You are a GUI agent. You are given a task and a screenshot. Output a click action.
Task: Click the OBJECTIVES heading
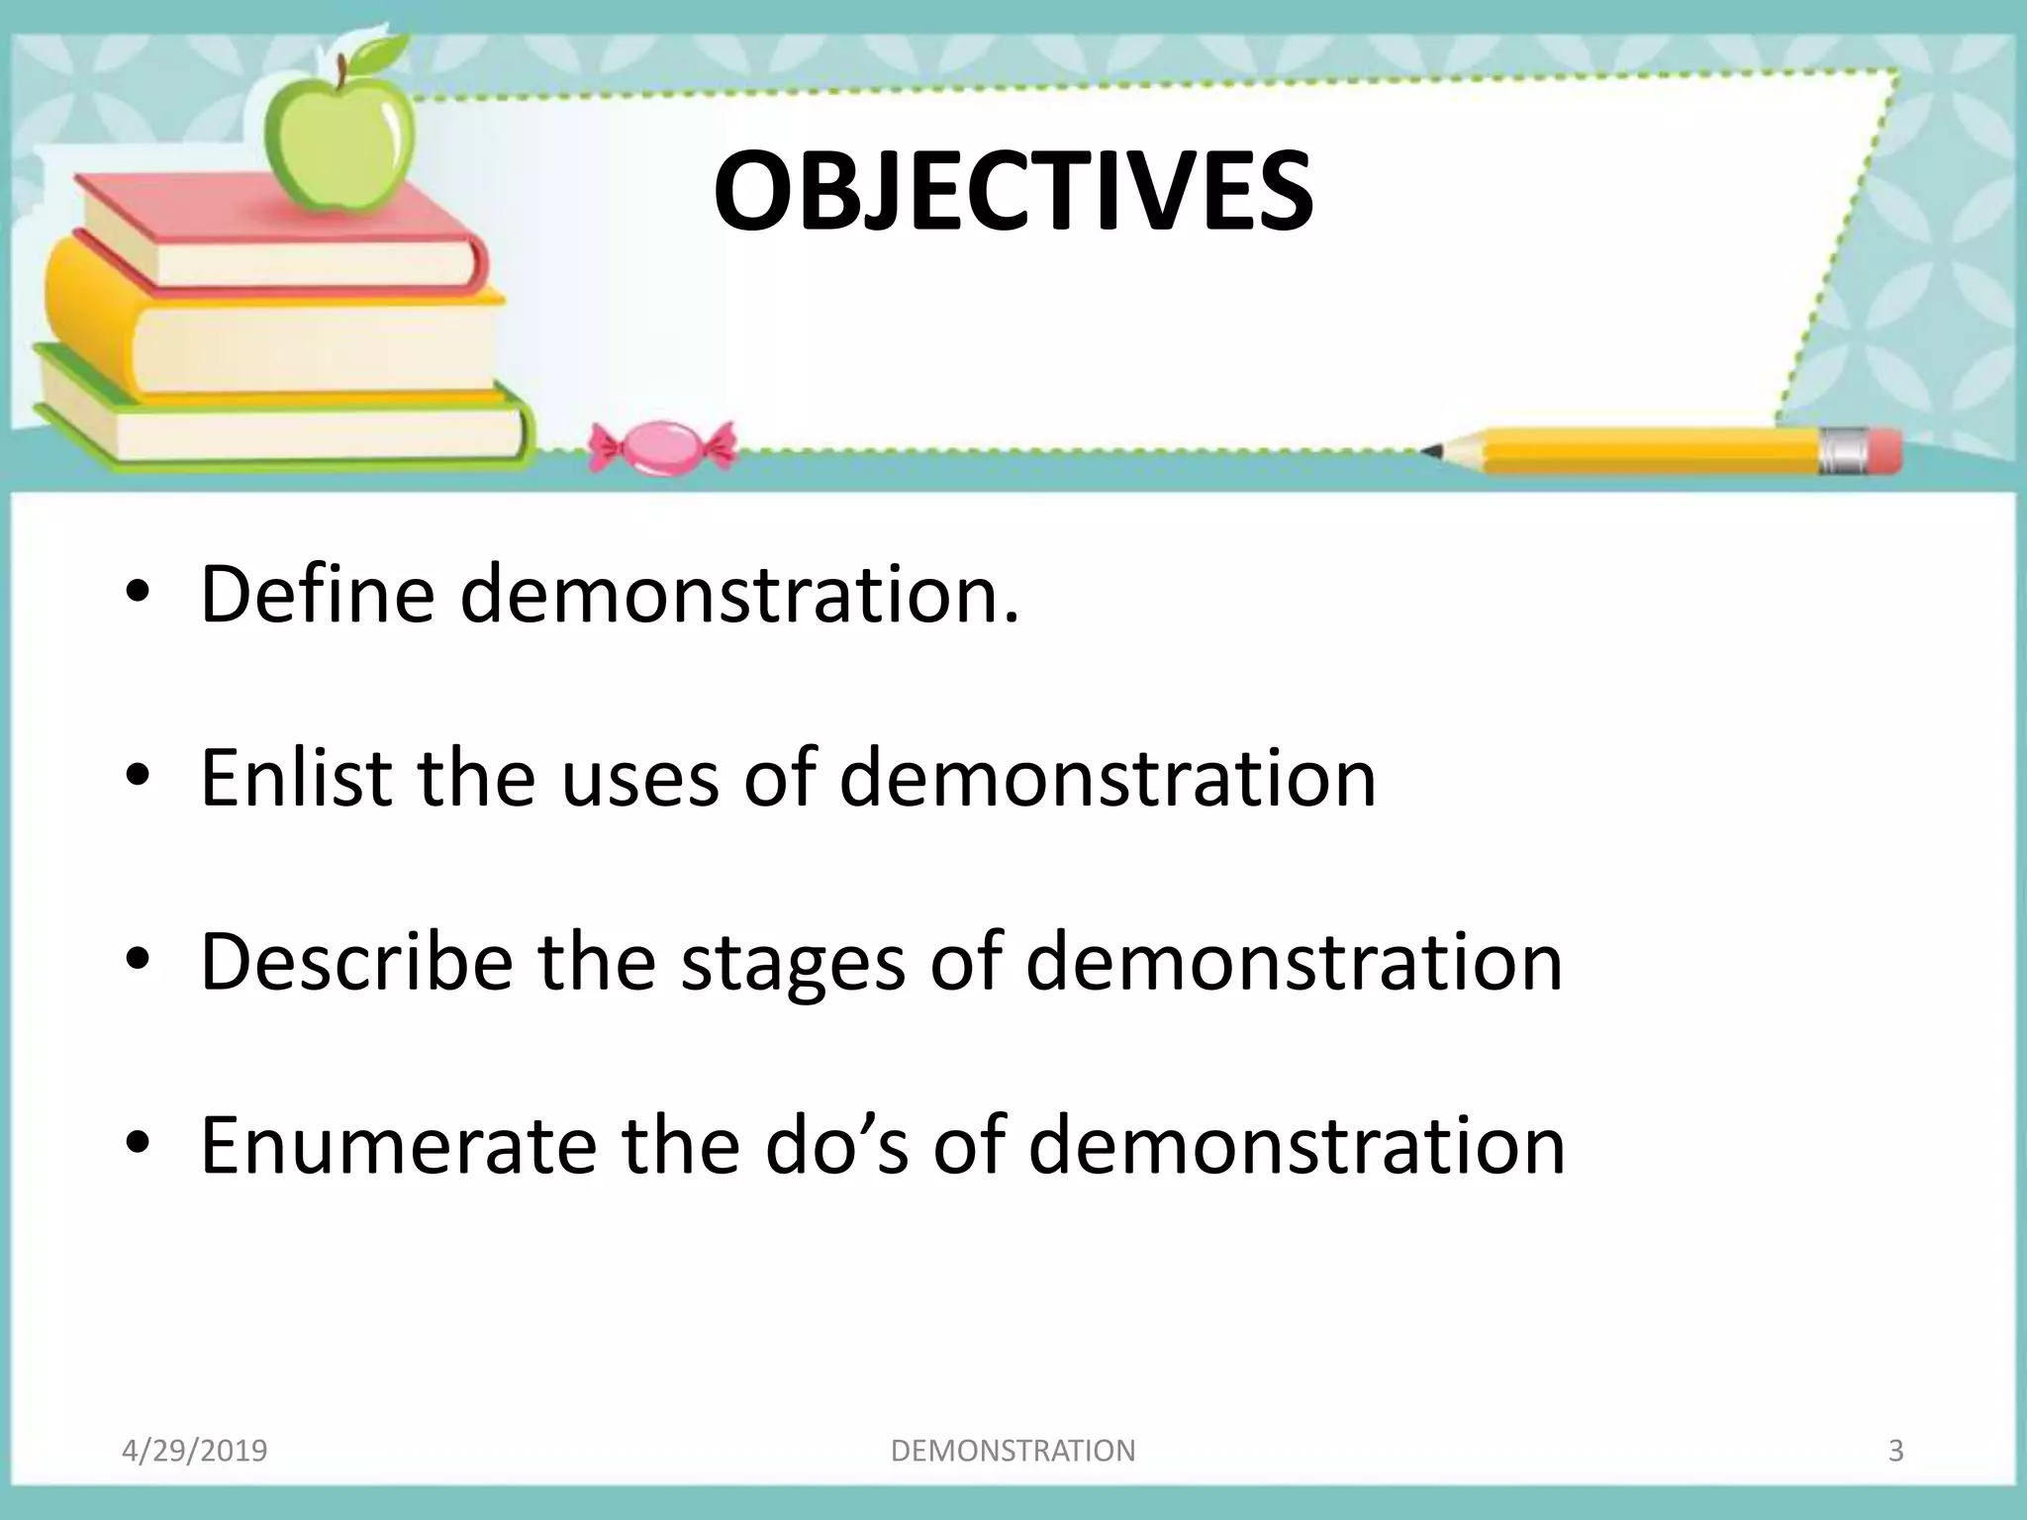1013,192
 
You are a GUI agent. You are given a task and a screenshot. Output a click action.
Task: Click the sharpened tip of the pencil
1431,451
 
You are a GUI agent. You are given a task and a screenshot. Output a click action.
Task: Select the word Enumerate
398,1145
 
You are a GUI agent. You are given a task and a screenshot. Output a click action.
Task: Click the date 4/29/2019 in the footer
194,1451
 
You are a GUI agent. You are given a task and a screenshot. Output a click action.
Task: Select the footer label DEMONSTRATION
1013,1451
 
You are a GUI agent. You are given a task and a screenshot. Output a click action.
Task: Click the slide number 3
1895,1451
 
